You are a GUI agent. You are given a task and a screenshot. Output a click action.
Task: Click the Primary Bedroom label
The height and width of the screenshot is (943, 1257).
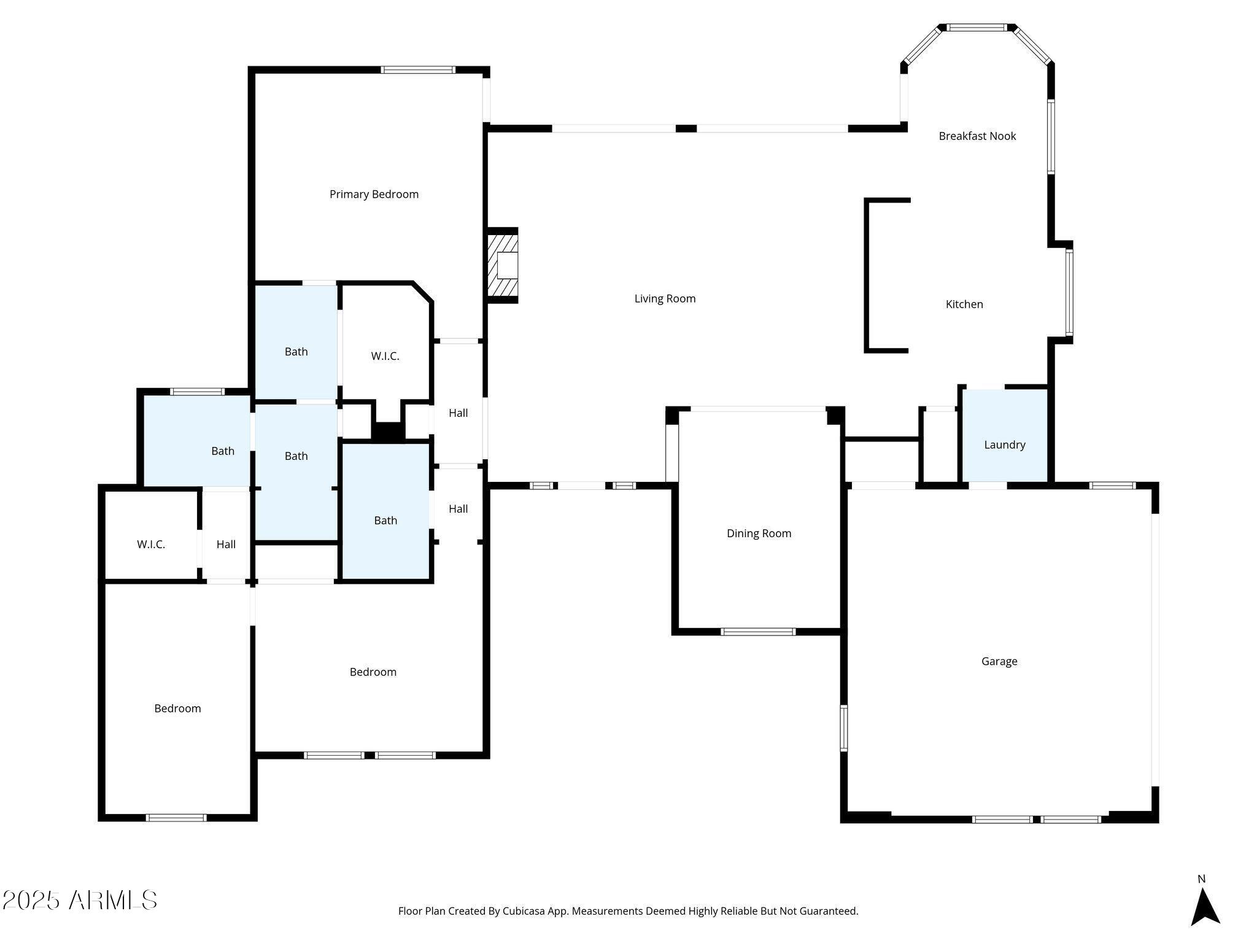[x=374, y=195]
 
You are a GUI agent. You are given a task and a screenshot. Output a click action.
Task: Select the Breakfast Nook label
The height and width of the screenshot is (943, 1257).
[x=977, y=136]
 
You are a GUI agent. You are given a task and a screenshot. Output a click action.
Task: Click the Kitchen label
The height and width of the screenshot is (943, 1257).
[x=964, y=305]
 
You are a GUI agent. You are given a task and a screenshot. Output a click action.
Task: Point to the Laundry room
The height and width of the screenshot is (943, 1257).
[x=1004, y=444]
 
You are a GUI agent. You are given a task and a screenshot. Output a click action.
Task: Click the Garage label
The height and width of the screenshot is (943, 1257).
[x=999, y=661]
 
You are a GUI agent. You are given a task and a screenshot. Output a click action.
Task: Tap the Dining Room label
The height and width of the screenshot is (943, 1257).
[x=759, y=534]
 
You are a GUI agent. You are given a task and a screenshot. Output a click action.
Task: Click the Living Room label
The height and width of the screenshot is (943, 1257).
[x=665, y=299]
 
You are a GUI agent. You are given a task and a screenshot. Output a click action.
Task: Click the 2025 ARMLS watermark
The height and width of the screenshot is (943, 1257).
[x=80, y=900]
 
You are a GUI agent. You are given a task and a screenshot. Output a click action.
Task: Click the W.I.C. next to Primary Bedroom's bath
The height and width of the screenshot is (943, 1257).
[x=385, y=356]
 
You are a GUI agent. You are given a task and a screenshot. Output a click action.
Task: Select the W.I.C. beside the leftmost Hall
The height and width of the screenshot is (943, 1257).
[x=151, y=545]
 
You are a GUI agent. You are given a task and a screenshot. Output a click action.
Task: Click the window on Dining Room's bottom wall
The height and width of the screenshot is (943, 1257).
[x=758, y=631]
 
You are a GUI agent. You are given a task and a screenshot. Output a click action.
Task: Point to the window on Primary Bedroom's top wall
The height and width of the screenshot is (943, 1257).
[x=418, y=69]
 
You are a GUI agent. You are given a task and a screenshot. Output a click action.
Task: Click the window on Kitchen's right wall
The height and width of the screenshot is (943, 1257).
[x=1069, y=292]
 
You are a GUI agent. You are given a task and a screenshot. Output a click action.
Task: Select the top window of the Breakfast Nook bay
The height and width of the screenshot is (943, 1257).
[x=977, y=28]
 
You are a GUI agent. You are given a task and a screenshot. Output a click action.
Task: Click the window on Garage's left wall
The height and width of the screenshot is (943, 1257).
[x=844, y=728]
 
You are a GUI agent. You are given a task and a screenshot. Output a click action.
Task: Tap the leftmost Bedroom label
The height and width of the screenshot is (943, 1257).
[x=177, y=708]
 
